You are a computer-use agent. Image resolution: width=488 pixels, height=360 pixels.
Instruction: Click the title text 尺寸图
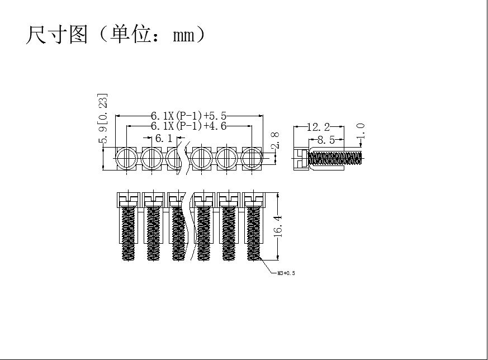click(56, 35)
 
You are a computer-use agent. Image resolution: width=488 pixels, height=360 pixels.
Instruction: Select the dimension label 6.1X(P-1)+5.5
click(188, 116)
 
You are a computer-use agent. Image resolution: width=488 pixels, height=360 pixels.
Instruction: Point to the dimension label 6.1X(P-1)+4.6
click(188, 126)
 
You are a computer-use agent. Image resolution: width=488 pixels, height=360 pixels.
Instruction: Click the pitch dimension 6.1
click(163, 138)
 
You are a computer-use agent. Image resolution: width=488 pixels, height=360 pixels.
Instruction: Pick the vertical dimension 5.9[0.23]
click(103, 119)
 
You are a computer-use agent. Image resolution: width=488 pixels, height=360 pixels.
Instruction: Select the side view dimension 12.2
click(318, 127)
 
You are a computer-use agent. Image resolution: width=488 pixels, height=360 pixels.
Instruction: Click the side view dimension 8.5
click(326, 140)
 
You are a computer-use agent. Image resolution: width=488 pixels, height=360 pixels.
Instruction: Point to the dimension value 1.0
click(361, 131)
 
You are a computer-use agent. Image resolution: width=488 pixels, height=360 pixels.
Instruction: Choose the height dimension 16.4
click(278, 226)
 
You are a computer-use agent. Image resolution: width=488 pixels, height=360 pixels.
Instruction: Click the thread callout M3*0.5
click(286, 273)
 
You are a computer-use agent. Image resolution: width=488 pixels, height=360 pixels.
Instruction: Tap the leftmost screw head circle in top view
click(126, 158)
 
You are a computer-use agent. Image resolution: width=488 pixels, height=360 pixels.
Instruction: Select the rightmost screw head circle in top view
click(252, 158)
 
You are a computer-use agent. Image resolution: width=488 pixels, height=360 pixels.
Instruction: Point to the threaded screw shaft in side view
click(335, 158)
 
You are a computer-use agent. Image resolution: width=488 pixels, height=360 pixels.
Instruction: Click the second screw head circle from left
click(152, 158)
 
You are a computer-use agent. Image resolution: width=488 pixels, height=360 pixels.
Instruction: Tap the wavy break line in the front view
click(188, 226)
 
